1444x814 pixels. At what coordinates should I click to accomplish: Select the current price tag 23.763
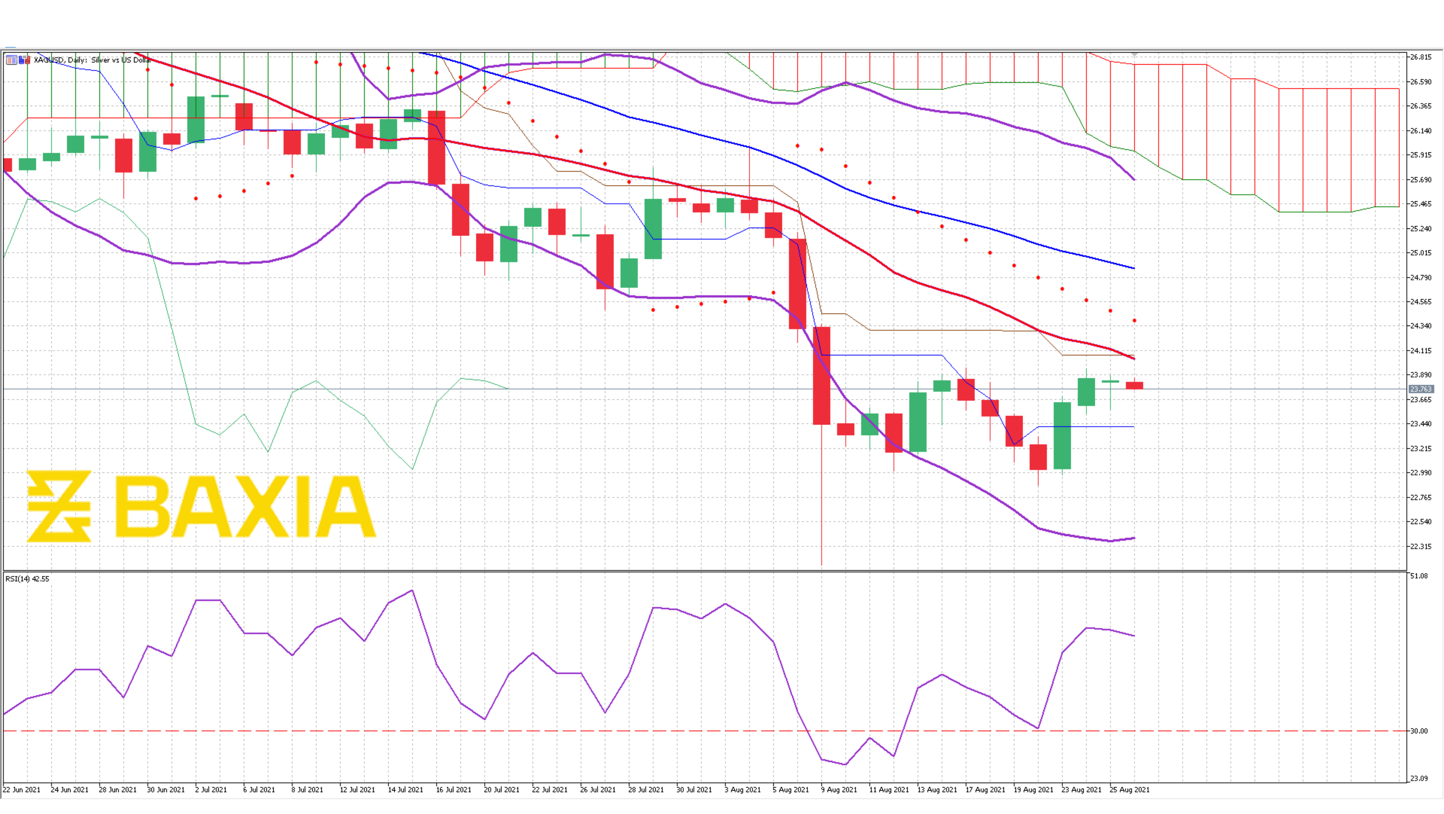click(1421, 389)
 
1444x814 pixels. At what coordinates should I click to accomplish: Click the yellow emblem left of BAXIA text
click(59, 507)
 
